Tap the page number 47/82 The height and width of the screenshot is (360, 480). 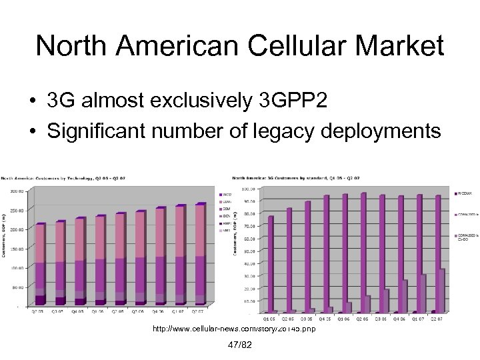point(239,344)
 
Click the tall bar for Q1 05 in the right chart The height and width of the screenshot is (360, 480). point(271,263)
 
